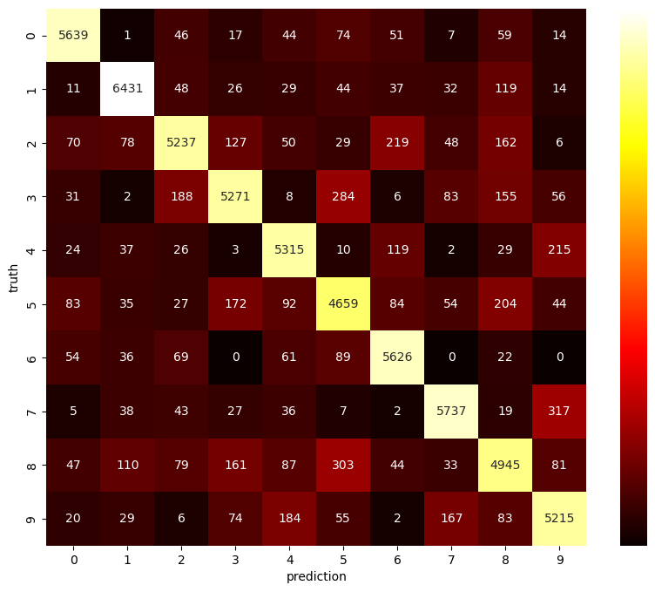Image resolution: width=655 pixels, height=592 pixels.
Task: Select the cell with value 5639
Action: (x=73, y=36)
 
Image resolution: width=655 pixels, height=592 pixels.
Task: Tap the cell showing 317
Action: (x=559, y=411)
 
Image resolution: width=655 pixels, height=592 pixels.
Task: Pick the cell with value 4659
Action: (x=343, y=303)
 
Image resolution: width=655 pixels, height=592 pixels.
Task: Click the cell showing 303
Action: (x=343, y=465)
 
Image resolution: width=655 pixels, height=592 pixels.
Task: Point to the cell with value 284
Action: (x=343, y=196)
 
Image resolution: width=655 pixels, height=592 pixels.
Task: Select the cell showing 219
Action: (x=397, y=143)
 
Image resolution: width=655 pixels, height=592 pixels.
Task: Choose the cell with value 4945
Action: (x=505, y=465)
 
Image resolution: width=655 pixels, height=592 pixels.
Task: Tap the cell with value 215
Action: (x=559, y=250)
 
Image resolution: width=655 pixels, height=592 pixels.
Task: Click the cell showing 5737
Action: (x=451, y=411)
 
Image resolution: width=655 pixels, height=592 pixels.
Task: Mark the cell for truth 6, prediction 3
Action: (x=235, y=357)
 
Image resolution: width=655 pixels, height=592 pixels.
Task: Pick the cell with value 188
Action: (x=181, y=196)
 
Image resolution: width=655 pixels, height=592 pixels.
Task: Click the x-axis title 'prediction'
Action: (x=316, y=576)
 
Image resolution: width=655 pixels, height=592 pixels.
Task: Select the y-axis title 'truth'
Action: (x=13, y=277)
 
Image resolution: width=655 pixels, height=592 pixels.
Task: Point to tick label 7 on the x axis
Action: (x=451, y=559)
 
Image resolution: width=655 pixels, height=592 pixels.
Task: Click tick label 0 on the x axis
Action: (x=73, y=559)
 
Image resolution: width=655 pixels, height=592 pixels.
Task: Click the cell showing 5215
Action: (x=559, y=518)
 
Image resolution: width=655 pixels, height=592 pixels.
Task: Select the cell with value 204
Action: (x=505, y=303)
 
